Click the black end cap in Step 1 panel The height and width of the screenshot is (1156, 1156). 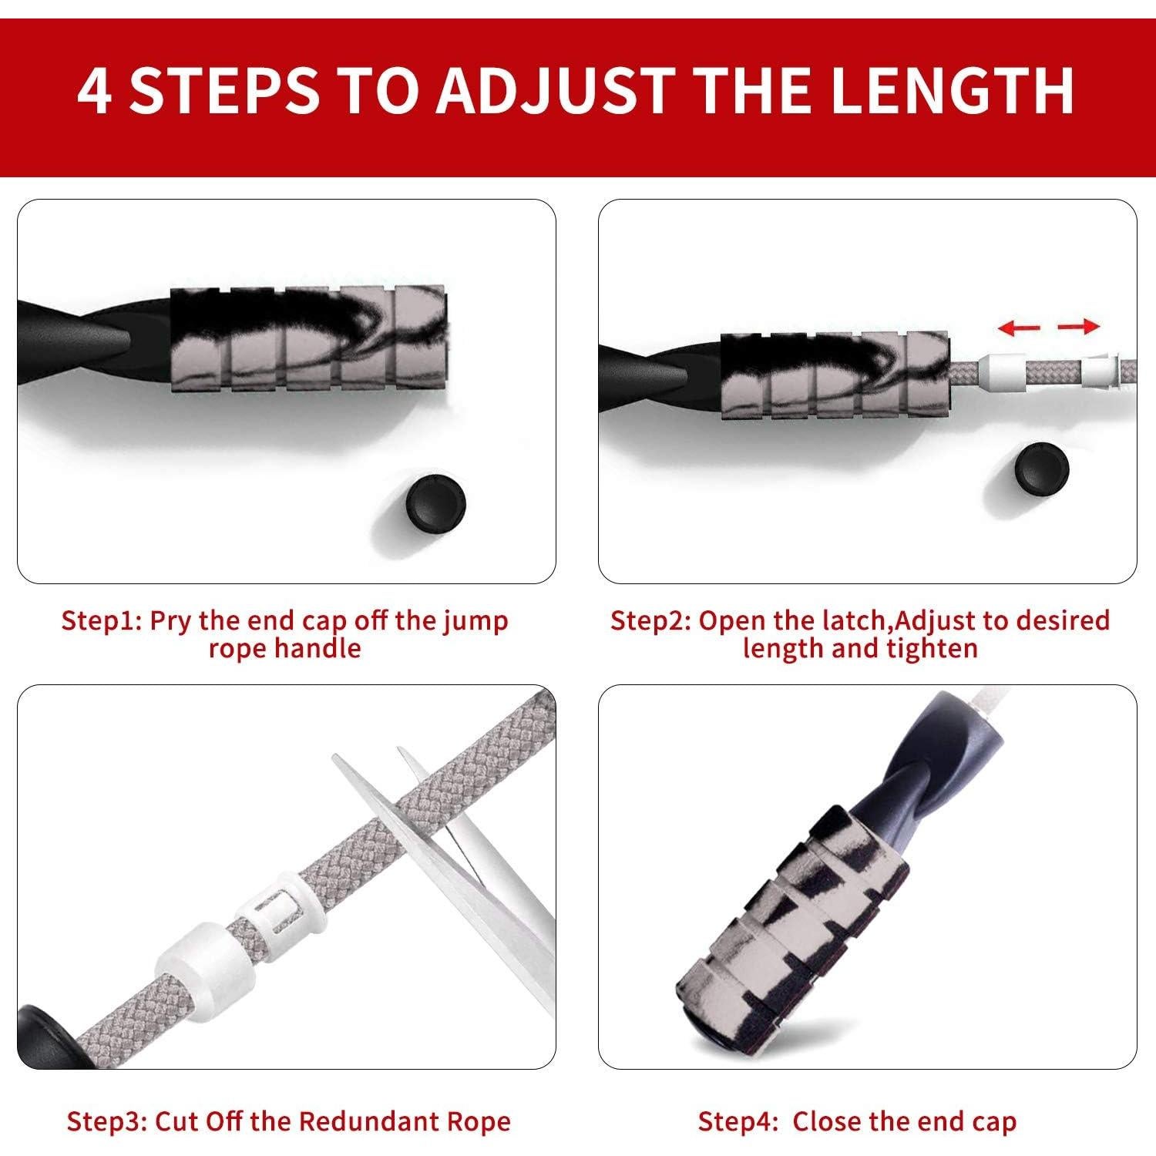pyautogui.click(x=435, y=505)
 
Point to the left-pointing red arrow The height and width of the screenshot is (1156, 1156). pyautogui.click(x=1019, y=328)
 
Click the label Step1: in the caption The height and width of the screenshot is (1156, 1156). pyautogui.click(x=100, y=620)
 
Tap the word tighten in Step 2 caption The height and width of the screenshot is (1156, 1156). pyautogui.click(x=932, y=649)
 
